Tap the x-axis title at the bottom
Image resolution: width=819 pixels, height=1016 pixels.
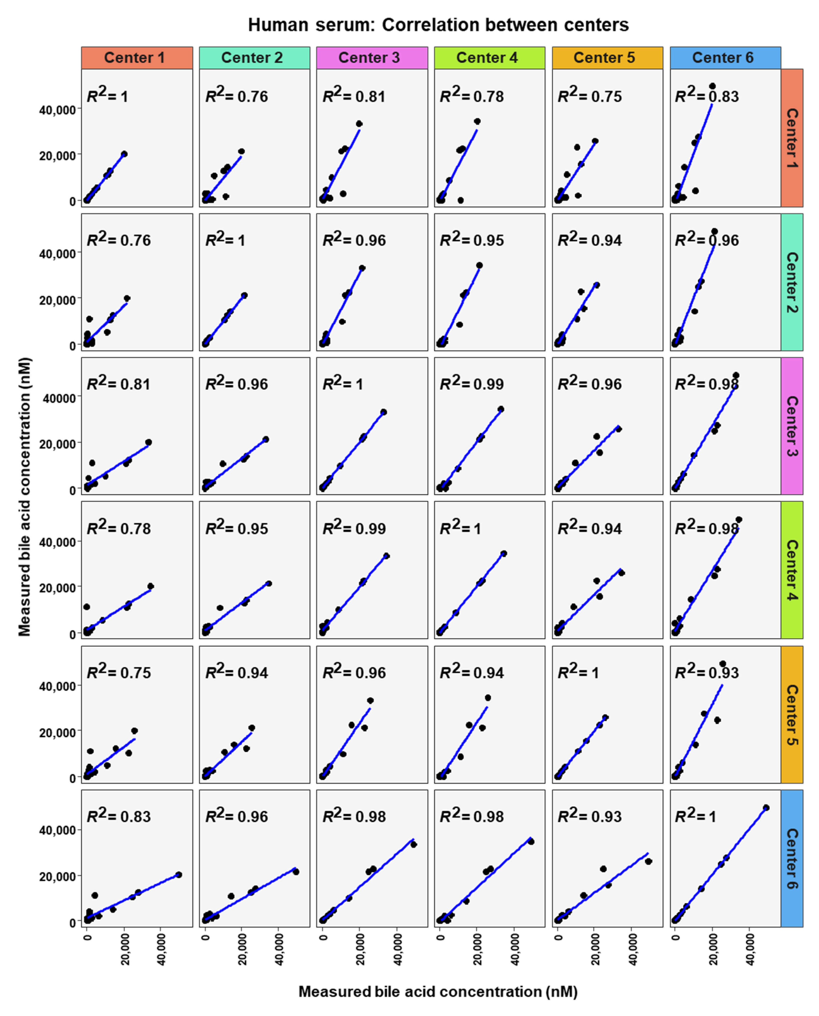tap(438, 991)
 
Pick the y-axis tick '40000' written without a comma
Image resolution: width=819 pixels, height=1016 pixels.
tap(59, 398)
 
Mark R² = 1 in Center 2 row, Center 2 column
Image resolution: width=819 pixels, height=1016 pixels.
tap(225, 240)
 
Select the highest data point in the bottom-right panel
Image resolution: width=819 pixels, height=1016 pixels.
tap(766, 808)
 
